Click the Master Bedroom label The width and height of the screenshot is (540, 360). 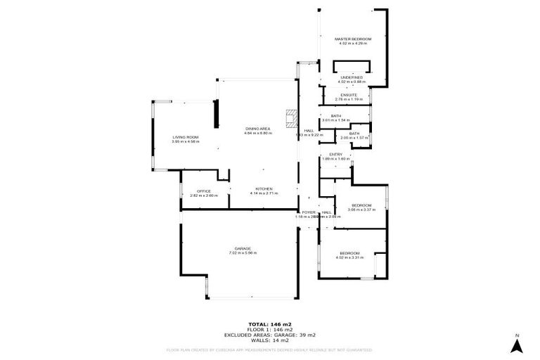[x=352, y=39]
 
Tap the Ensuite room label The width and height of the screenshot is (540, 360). [x=349, y=95]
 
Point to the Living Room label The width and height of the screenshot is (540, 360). [x=186, y=137]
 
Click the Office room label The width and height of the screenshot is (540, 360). [x=204, y=191]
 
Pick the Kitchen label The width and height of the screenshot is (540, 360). [x=264, y=188]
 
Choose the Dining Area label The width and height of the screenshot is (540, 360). [x=257, y=129]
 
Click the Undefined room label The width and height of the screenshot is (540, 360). [x=351, y=76]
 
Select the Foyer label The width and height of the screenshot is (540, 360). [x=308, y=212]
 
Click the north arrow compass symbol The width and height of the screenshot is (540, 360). [x=516, y=345]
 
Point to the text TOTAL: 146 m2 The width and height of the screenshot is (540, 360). [x=269, y=324]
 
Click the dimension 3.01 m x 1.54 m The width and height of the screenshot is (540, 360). [x=335, y=120]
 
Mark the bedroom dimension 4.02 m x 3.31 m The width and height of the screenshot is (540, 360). [x=349, y=257]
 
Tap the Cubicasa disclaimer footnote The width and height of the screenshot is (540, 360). [x=269, y=349]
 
